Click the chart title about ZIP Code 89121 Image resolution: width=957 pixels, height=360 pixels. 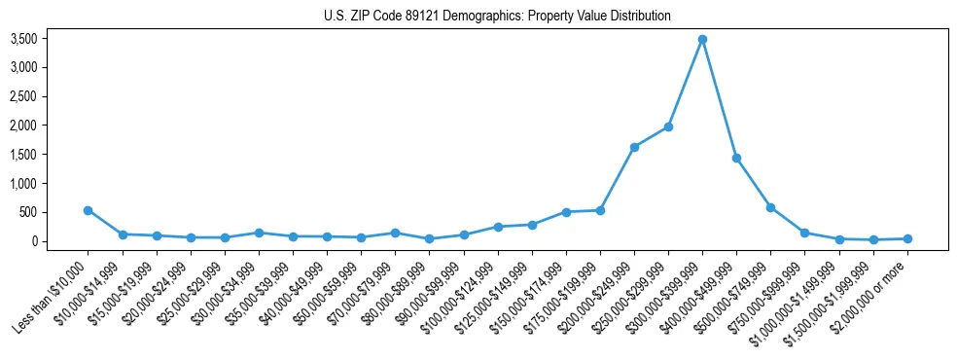click(x=497, y=17)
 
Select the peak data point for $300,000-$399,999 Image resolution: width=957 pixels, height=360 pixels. click(x=702, y=40)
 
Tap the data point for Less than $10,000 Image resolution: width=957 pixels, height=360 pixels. click(x=88, y=210)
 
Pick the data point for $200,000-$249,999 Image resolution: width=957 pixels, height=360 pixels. click(x=634, y=147)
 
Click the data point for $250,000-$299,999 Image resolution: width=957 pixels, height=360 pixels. click(x=668, y=126)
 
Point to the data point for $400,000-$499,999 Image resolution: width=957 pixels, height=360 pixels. click(x=736, y=158)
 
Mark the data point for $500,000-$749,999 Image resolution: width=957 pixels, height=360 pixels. click(x=770, y=207)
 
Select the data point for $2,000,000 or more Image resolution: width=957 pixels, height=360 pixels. click(x=907, y=238)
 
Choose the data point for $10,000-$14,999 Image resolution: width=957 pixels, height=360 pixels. click(x=123, y=234)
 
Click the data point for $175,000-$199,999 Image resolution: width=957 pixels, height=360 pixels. click(x=600, y=210)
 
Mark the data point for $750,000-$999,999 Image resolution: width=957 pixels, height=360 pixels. click(x=804, y=233)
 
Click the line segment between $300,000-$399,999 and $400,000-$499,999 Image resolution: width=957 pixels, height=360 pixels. click(x=720, y=99)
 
